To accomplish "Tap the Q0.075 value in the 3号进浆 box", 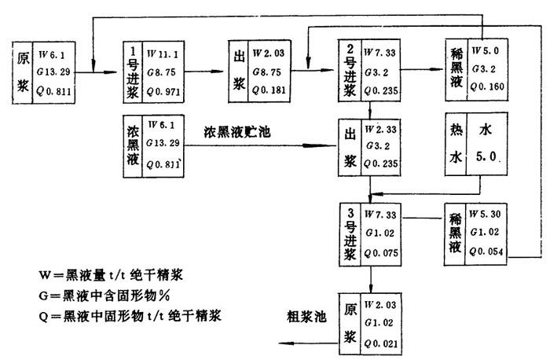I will tap(382, 253).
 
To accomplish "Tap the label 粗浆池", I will tap(303, 317).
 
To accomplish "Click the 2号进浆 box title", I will tap(349, 70).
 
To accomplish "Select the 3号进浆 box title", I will tap(349, 231).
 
